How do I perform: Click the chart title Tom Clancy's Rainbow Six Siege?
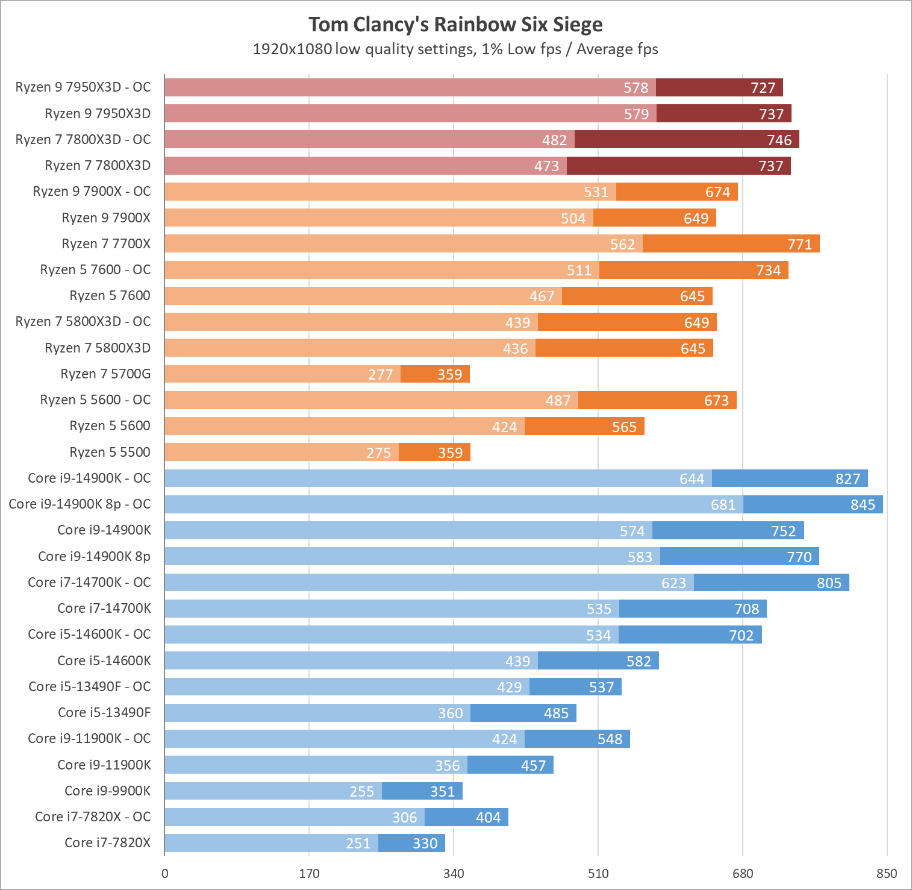[455, 25]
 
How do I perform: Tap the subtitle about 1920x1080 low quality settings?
[455, 49]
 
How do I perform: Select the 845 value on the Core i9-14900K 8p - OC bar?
[863, 505]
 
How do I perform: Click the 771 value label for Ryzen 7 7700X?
[799, 245]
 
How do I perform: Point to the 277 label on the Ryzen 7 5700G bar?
[380, 375]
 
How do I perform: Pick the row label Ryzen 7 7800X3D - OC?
[83, 140]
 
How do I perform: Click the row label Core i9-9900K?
[107, 791]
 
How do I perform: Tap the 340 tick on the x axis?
[454, 874]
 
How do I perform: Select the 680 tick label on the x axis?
[743, 874]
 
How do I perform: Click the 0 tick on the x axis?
[165, 874]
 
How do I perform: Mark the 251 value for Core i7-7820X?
[358, 844]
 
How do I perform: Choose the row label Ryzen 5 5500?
[110, 453]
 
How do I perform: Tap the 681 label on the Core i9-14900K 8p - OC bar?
[723, 505]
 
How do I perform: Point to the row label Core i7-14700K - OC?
[89, 583]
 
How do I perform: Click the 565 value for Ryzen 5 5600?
[624, 427]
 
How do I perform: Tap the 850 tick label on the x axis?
[887, 874]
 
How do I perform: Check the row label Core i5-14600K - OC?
[89, 635]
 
